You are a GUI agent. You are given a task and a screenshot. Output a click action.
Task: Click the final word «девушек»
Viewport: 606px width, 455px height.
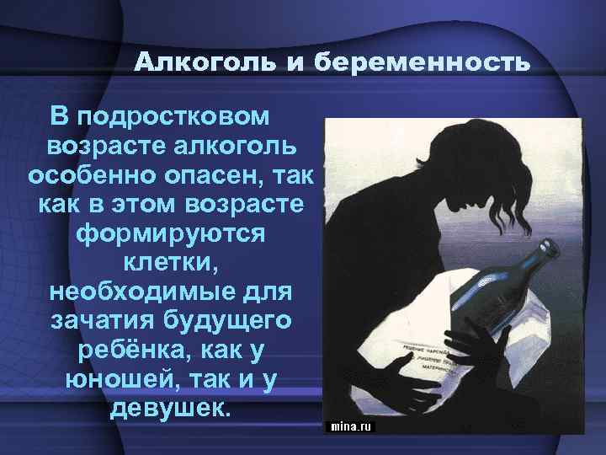coord(169,409)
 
